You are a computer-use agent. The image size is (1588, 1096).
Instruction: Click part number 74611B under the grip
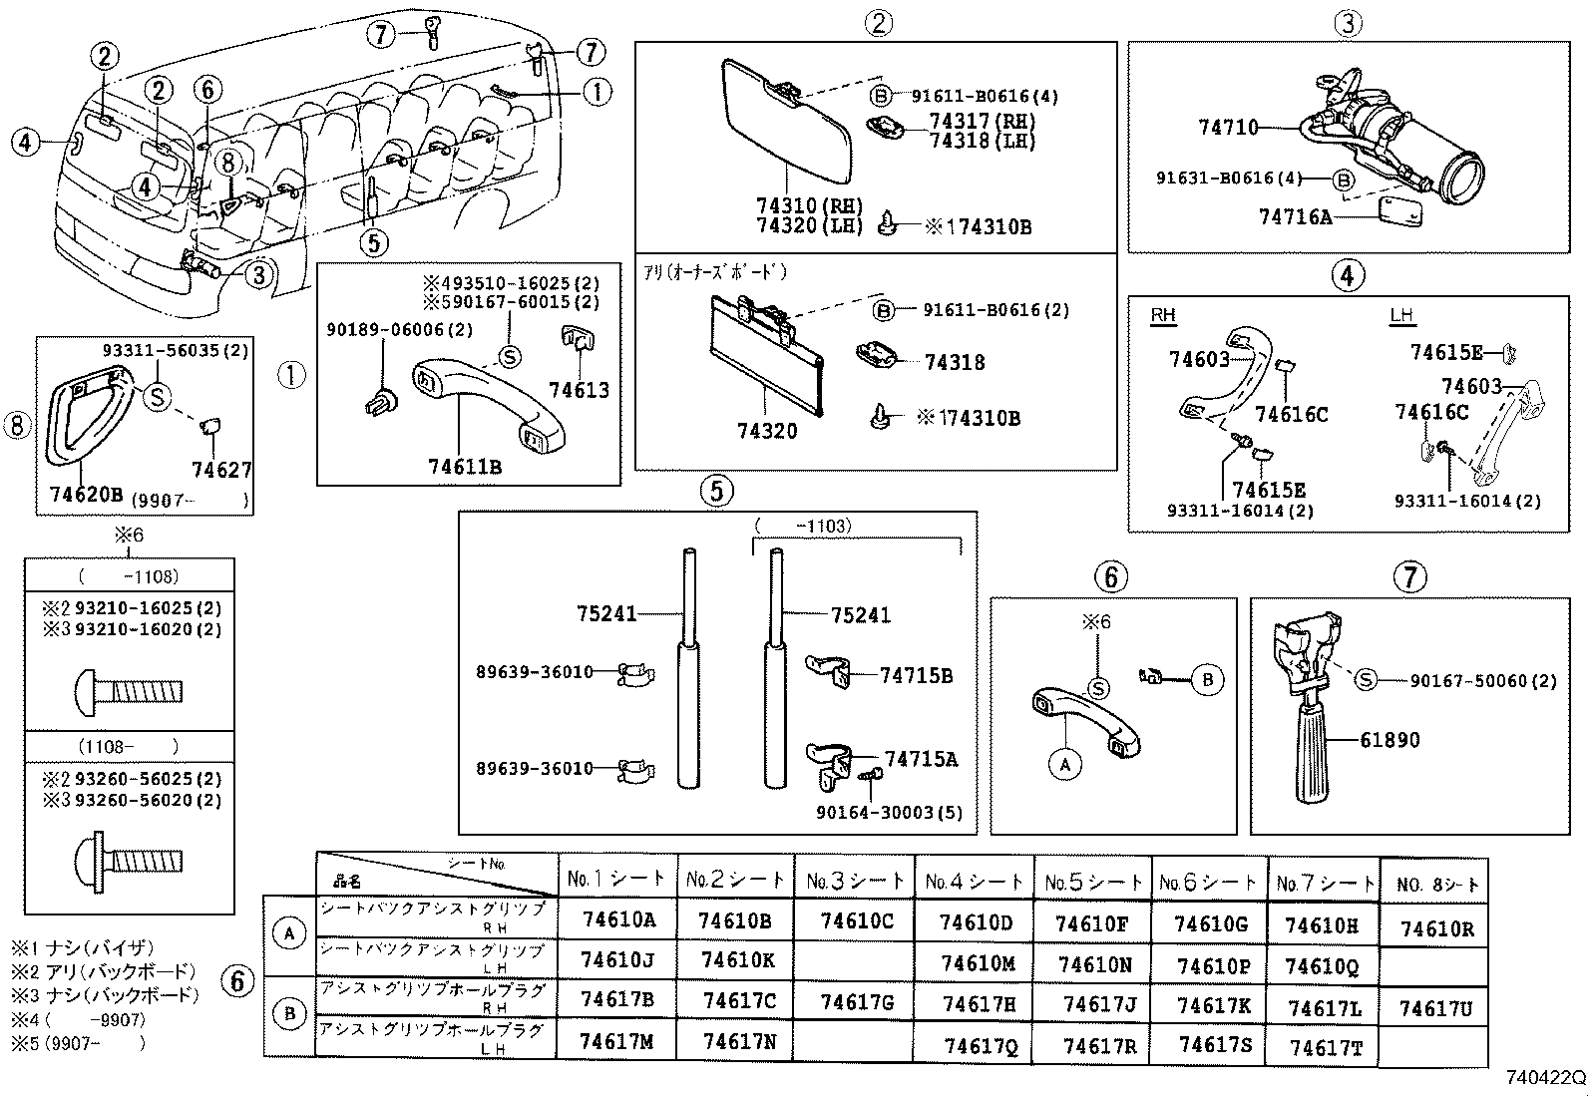point(465,466)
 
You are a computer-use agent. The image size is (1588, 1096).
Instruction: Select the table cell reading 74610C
point(857,920)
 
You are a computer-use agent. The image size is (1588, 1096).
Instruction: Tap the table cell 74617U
point(1435,1009)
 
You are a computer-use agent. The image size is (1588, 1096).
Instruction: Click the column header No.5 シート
point(1094,882)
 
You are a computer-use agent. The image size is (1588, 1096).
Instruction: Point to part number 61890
point(1389,740)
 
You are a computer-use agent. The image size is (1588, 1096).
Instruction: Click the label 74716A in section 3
point(1295,216)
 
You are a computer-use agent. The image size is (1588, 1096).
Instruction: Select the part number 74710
point(1228,128)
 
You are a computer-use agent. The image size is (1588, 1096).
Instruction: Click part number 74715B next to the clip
point(916,676)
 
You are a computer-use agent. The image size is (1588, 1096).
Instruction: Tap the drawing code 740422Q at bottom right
point(1545,1078)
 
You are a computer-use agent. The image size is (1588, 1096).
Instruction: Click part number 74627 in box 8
point(221,470)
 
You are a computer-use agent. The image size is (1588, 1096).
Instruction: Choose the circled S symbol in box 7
point(1365,679)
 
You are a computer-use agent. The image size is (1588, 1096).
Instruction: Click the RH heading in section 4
point(1163,315)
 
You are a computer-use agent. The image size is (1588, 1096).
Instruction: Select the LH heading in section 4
point(1401,315)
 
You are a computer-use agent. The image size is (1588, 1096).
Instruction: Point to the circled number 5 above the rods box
point(716,490)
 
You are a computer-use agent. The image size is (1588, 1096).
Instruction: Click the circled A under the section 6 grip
point(1065,765)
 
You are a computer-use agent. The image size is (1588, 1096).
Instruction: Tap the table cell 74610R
point(1436,929)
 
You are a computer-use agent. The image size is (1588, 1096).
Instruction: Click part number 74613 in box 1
point(579,391)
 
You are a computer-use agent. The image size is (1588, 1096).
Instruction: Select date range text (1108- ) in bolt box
point(130,746)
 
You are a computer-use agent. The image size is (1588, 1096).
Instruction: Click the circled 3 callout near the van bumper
point(259,273)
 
